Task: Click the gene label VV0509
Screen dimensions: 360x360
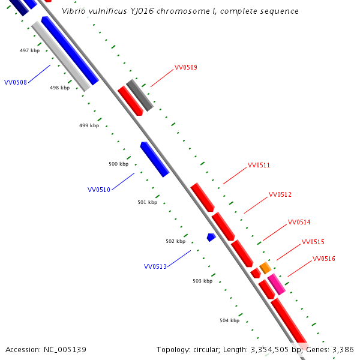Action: click(185, 68)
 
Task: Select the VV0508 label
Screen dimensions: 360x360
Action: click(15, 82)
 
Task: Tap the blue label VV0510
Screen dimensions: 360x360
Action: click(99, 190)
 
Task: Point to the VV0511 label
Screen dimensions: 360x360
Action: click(259, 165)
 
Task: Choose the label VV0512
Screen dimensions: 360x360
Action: click(280, 194)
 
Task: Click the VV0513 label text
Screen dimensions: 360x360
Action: click(155, 266)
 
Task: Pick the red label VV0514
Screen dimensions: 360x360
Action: click(299, 222)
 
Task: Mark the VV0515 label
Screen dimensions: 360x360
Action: click(313, 242)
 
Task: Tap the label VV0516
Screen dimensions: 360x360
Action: click(324, 259)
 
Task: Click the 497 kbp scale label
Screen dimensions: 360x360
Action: click(29, 50)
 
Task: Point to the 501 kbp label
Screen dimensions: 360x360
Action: click(147, 202)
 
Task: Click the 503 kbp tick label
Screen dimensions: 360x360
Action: click(202, 281)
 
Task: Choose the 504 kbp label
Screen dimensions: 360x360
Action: click(229, 320)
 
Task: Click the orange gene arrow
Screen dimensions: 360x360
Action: click(265, 268)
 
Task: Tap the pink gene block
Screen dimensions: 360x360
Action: click(277, 283)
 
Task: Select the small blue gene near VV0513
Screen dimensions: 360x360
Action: click(211, 237)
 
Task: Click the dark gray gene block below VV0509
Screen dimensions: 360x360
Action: click(140, 95)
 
